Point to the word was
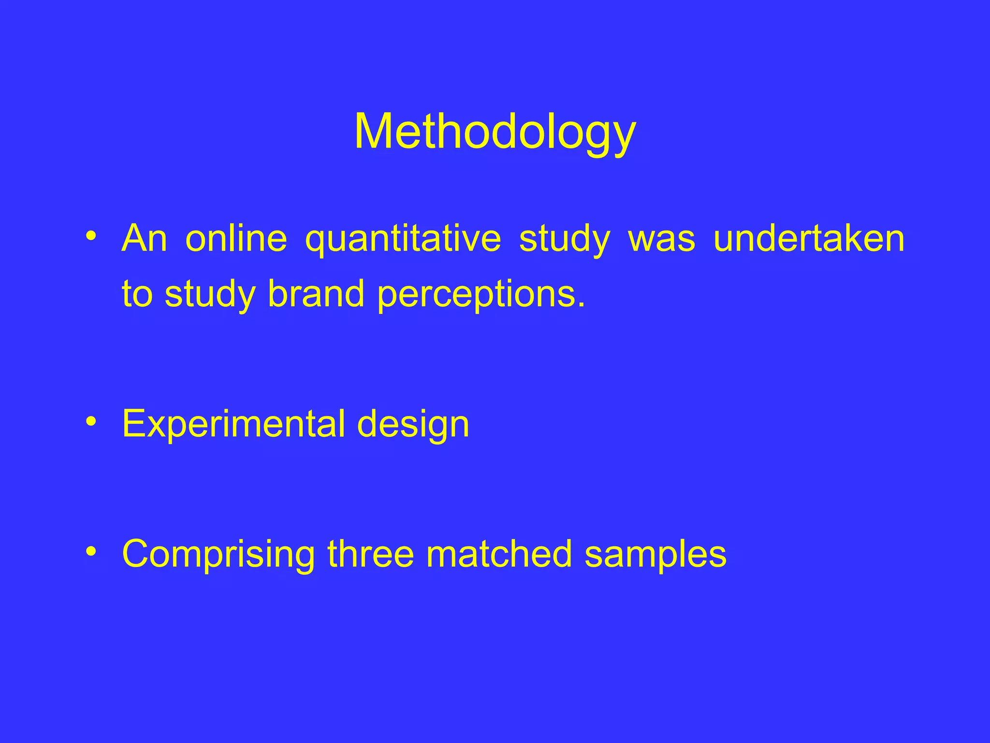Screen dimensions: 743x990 [661, 239]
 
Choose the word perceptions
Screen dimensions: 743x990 [481, 295]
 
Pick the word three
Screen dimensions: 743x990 [371, 554]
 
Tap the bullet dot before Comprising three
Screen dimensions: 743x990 [91, 551]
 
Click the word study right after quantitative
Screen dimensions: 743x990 [564, 239]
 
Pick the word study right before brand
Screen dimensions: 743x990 [210, 295]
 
